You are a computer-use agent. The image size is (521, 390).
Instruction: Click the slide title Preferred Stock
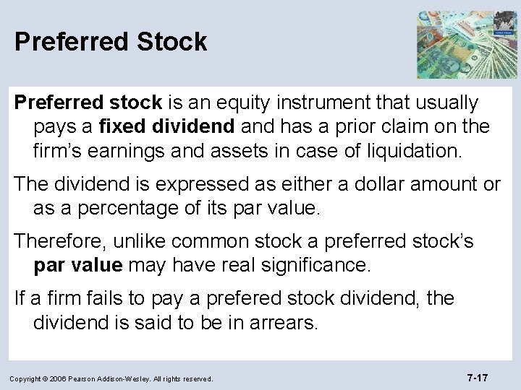pyautogui.click(x=111, y=41)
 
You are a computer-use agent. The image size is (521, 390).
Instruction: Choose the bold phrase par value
pyautogui.click(x=77, y=265)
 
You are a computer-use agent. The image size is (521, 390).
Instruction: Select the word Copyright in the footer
pyautogui.click(x=30, y=378)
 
